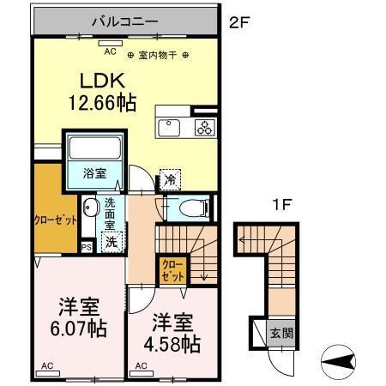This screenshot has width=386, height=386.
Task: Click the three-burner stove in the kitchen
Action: [x=204, y=130]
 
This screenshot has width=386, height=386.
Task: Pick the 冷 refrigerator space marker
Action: [x=171, y=180]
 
